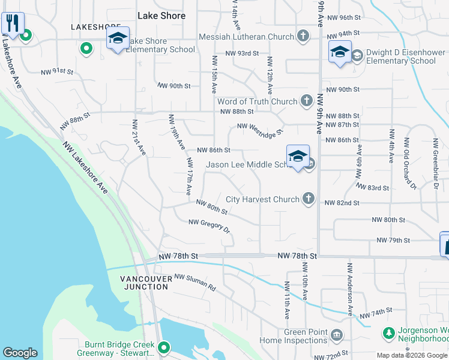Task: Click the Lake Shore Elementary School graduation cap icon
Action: [x=118, y=39]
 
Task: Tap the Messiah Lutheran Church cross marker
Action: [x=304, y=37]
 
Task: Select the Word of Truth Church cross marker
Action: [x=307, y=100]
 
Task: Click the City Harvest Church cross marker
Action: [x=309, y=199]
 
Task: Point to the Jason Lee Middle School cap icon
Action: [x=298, y=157]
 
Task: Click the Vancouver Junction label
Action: [x=143, y=283]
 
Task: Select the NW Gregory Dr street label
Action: [x=209, y=226]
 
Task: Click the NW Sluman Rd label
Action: [x=194, y=282]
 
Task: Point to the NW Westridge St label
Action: [x=260, y=130]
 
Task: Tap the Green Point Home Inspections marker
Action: [x=337, y=334]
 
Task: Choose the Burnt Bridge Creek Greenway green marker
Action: [x=163, y=347]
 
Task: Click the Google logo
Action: [x=20, y=353]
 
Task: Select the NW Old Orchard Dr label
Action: [x=410, y=164]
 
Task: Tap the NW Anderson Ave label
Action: [x=349, y=288]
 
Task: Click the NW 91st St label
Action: [x=57, y=72]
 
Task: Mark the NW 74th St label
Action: [x=376, y=313]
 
